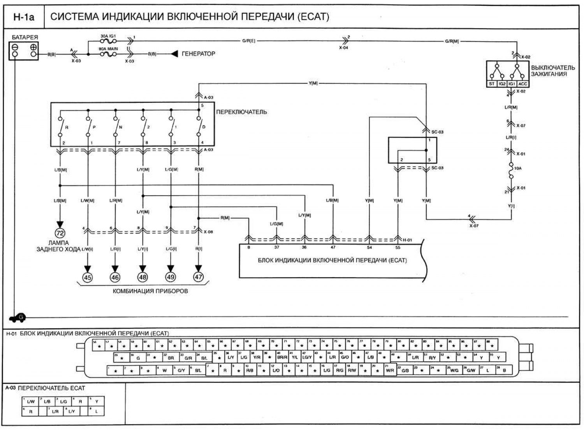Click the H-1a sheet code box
[x=24, y=17]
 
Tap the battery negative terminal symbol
[x=15, y=47]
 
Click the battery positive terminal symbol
[x=33, y=47]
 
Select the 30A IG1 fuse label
[x=108, y=36]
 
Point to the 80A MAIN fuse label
[x=108, y=49]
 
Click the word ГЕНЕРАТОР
[x=198, y=54]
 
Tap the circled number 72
[x=60, y=234]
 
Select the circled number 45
[x=88, y=277]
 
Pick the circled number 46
[x=115, y=277]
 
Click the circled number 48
[x=142, y=277]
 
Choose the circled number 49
[x=171, y=277]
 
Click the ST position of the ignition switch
[x=492, y=84]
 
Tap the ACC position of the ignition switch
[x=522, y=84]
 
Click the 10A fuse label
[x=518, y=168]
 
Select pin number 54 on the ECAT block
[x=369, y=248]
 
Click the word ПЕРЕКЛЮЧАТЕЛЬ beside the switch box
[x=241, y=112]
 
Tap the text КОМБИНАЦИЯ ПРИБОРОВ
[x=150, y=291]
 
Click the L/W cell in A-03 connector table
[x=31, y=402]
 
